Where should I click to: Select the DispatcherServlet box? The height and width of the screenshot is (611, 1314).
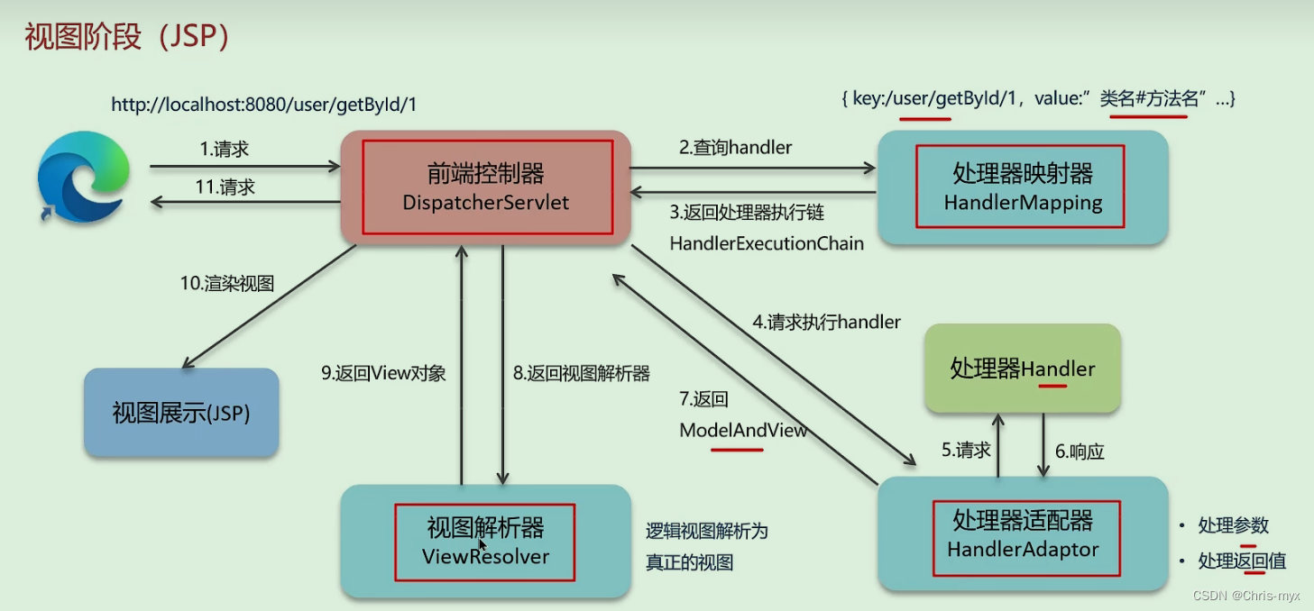point(485,187)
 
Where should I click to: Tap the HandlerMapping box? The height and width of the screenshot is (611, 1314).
point(1023,187)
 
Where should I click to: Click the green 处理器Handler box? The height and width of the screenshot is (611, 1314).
point(1023,369)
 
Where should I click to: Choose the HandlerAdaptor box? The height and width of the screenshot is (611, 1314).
point(1023,534)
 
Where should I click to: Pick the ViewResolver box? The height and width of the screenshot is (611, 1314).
point(485,542)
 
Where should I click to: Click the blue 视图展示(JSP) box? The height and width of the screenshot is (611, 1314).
point(181,413)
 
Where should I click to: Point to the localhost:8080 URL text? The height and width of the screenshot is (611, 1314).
point(263,105)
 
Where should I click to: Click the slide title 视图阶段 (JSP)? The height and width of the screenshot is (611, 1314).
point(127,37)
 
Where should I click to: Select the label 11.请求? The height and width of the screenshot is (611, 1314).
point(226,187)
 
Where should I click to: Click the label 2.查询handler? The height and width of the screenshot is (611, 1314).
point(735,148)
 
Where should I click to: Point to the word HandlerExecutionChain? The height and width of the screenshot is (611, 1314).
point(766,243)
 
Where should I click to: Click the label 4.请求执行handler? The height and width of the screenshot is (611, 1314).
point(826,322)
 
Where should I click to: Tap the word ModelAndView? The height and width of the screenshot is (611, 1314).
point(742,431)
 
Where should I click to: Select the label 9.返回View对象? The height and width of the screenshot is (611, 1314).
point(383,373)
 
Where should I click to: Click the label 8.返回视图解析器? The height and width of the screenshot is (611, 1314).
point(581,373)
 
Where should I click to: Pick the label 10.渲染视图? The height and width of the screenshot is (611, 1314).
point(226,283)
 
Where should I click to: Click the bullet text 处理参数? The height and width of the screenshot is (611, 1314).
point(1233,525)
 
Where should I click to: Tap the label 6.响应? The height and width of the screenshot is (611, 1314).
point(1079,451)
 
